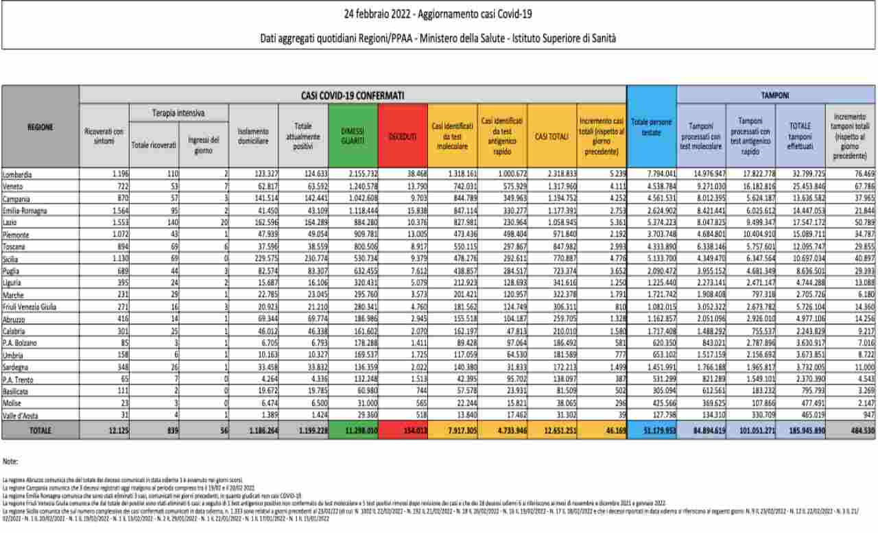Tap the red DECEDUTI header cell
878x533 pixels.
pos(403,137)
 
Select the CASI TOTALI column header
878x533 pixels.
pos(551,137)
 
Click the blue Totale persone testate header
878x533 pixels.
pos(651,128)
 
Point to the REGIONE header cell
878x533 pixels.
pos(40,127)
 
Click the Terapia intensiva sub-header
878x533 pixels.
pos(178,112)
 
